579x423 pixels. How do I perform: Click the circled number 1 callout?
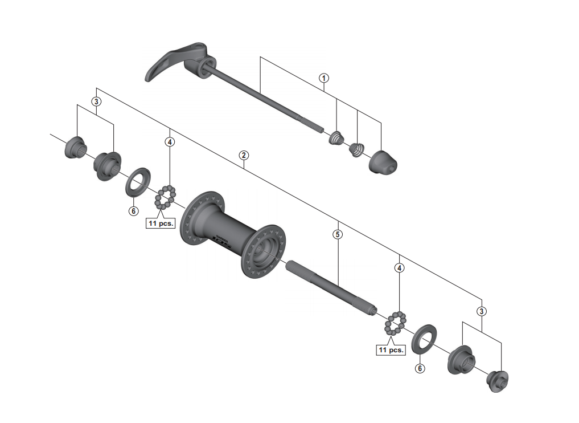point(324,78)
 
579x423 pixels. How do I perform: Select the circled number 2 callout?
point(244,155)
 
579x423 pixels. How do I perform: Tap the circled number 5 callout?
point(338,234)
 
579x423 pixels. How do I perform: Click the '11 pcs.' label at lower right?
point(391,349)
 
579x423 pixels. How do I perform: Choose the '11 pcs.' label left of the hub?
point(161,223)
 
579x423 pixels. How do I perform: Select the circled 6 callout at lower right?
point(420,368)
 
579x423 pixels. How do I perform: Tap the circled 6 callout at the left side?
point(133,211)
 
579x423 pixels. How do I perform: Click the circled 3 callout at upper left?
point(97,101)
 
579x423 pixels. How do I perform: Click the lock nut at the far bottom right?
point(496,380)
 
